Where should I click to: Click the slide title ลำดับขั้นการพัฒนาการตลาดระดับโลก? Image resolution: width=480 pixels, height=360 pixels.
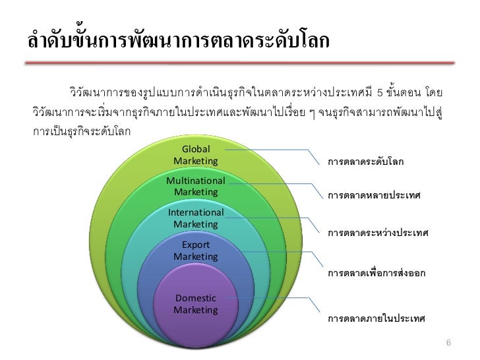178,41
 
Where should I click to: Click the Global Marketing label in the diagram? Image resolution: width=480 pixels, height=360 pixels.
196,155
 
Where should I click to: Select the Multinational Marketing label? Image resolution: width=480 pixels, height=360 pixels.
196,186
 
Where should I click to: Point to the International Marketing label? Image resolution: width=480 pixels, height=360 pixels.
196,218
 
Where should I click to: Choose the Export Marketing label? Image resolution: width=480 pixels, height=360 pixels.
196,251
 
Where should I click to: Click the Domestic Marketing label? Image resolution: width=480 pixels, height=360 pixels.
196,303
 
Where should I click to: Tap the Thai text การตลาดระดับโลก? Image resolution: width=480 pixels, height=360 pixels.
369,162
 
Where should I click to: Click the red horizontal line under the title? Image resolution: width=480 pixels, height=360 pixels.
240,63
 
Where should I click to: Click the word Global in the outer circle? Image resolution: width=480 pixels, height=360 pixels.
196,149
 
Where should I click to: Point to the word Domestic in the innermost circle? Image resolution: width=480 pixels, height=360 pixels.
196,298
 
